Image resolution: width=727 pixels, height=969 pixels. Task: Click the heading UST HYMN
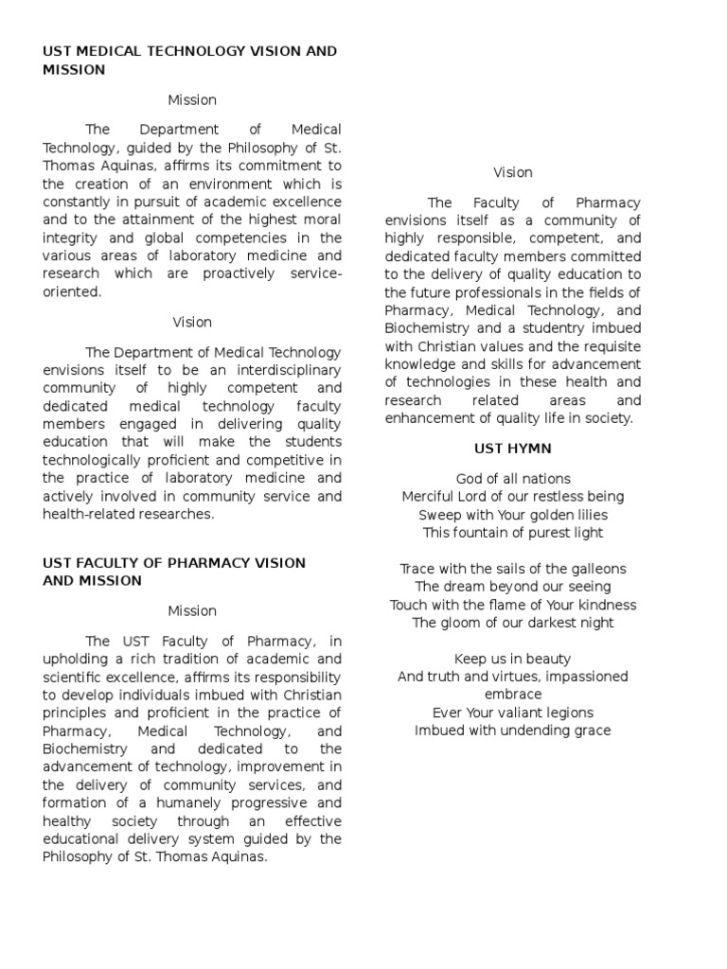click(512, 448)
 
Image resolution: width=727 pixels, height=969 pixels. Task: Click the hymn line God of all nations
click(512, 479)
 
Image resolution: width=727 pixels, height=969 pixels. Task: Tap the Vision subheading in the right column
click(512, 172)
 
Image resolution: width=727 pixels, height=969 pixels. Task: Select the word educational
click(83, 838)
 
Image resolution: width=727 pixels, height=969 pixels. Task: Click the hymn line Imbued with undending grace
click(512, 731)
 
